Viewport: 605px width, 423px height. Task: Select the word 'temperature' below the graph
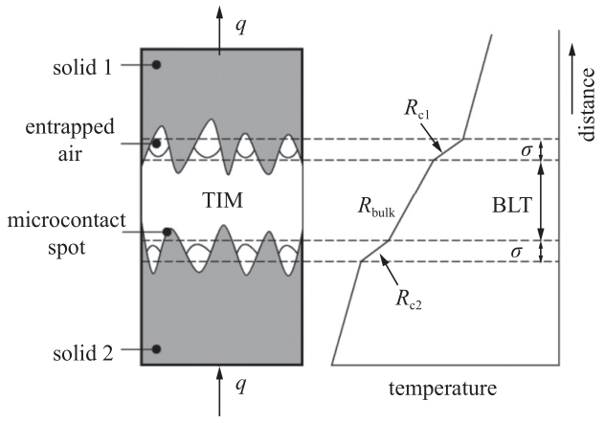point(443,390)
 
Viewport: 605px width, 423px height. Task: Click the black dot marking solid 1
point(155,65)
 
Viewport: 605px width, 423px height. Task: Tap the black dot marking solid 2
point(155,348)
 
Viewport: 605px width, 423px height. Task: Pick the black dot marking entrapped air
point(155,144)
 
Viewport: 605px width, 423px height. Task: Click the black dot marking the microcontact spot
point(167,233)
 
